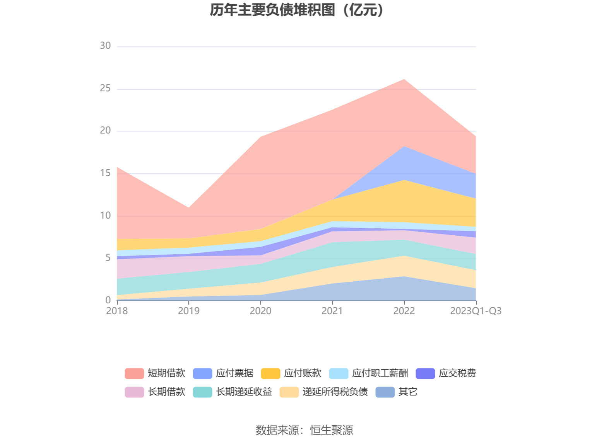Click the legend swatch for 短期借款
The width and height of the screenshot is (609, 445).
[x=134, y=373]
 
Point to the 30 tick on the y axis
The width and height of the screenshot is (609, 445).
[x=105, y=46]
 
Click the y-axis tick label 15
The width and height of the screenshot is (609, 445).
[x=105, y=173]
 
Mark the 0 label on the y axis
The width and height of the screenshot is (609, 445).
[x=108, y=300]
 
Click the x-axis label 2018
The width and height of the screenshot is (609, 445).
[x=117, y=311]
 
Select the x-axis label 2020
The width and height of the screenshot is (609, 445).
[x=260, y=311]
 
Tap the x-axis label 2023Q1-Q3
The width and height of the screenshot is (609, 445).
[x=476, y=311]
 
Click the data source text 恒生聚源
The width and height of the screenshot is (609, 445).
[x=332, y=430]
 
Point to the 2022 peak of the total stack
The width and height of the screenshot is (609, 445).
[x=404, y=79]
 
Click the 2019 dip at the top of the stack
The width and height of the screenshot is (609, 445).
[x=189, y=208]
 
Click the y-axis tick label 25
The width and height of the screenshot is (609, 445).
[x=105, y=89]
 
